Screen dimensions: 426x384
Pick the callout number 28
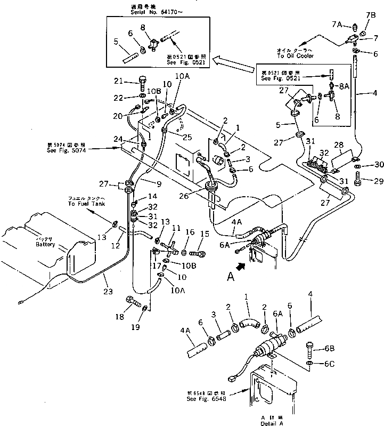coord(339,146)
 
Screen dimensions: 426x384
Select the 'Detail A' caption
coord(264,420)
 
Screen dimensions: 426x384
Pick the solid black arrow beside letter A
coord(242,265)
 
